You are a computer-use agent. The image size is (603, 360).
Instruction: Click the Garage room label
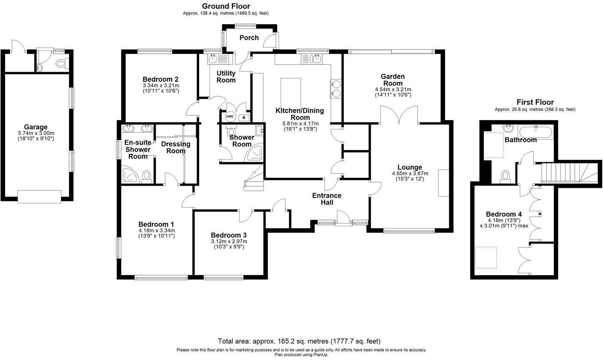35,127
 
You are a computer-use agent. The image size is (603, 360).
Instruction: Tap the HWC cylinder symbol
230,117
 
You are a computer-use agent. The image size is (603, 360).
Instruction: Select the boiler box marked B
244,117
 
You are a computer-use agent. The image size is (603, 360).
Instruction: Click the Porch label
249,37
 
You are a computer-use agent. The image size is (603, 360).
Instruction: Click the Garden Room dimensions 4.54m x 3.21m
393,90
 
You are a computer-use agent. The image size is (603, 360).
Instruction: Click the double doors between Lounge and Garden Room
399,116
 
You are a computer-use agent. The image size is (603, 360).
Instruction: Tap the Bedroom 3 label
229,235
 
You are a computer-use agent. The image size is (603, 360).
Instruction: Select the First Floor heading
535,102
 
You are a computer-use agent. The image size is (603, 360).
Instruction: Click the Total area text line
299,341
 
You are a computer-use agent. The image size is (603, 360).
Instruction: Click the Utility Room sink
215,58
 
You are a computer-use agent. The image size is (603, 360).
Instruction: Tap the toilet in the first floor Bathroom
506,176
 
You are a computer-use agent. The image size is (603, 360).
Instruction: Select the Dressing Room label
175,147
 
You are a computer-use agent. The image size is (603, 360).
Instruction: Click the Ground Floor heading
226,6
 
